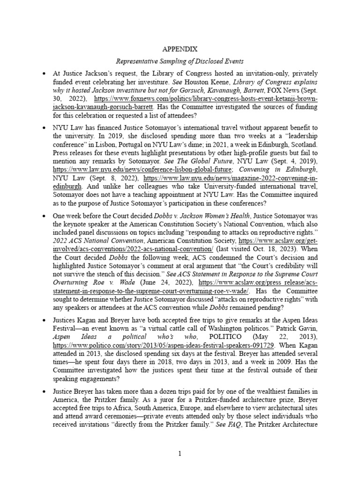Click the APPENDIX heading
tap(180, 48)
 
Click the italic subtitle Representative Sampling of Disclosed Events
tap(180, 61)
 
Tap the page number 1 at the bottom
tap(180, 453)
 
